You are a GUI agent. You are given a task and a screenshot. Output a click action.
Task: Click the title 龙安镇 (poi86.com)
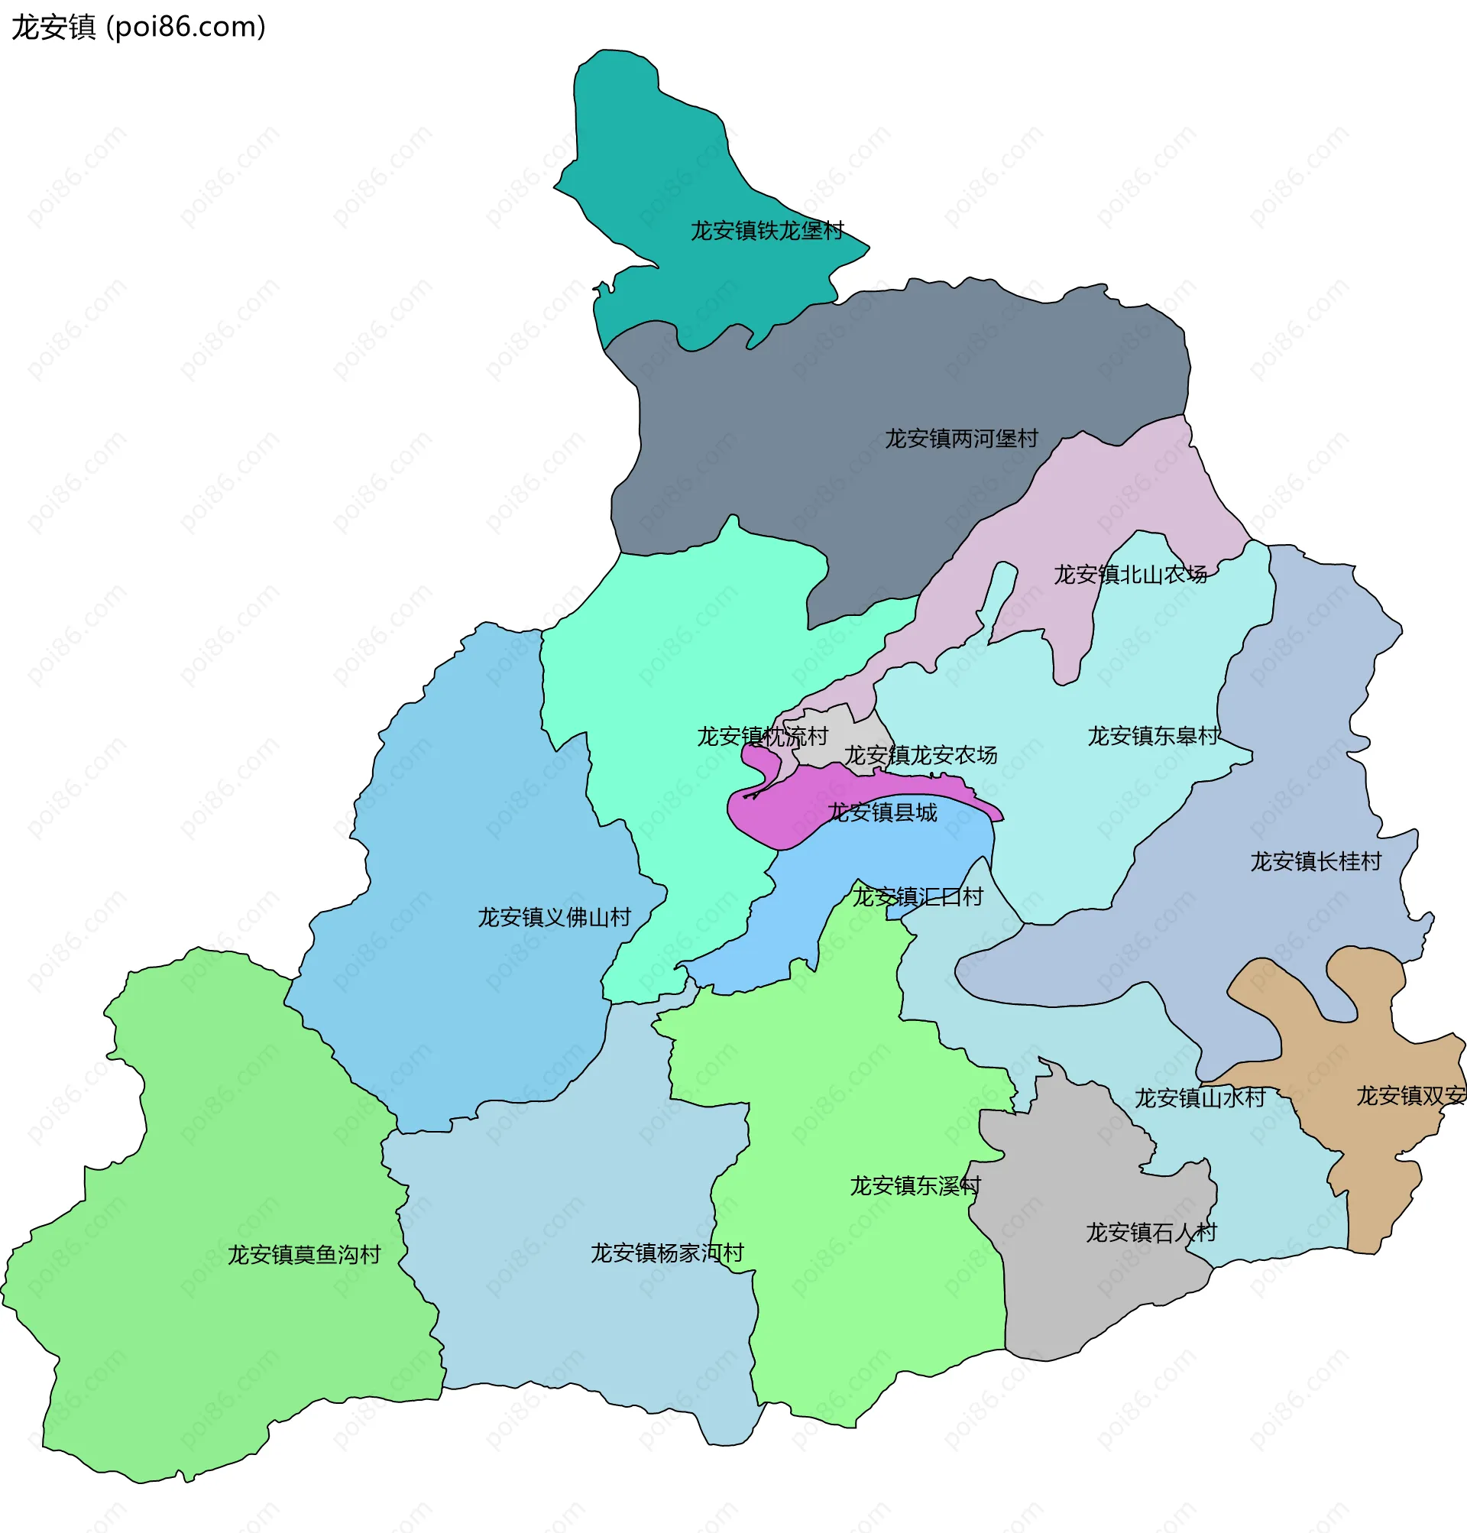tap(138, 28)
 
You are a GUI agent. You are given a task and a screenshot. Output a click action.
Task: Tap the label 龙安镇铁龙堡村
tap(767, 231)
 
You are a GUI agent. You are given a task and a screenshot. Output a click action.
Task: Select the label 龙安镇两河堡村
tap(961, 439)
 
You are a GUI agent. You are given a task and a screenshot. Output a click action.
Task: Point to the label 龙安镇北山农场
tap(1130, 575)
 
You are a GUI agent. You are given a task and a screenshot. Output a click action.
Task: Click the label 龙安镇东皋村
tap(1154, 736)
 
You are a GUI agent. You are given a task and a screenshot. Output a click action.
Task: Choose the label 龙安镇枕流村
tap(762, 737)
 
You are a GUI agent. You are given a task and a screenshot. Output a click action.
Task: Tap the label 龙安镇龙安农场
tap(921, 756)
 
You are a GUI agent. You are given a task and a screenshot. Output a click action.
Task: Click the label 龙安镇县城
tap(882, 812)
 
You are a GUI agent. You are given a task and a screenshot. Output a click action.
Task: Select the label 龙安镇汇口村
tap(918, 897)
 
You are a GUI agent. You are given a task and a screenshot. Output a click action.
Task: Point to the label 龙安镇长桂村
tap(1316, 862)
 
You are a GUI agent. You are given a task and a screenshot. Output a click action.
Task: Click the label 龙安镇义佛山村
tap(555, 918)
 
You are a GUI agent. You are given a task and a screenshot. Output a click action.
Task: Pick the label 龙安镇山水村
tap(1200, 1099)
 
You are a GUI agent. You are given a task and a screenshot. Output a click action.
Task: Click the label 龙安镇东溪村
tap(915, 1187)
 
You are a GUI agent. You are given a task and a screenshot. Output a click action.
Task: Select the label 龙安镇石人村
tap(1151, 1233)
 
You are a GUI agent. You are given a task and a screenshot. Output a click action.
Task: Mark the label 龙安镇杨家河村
tap(666, 1254)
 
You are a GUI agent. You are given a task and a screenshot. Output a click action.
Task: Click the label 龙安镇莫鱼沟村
tap(304, 1256)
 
